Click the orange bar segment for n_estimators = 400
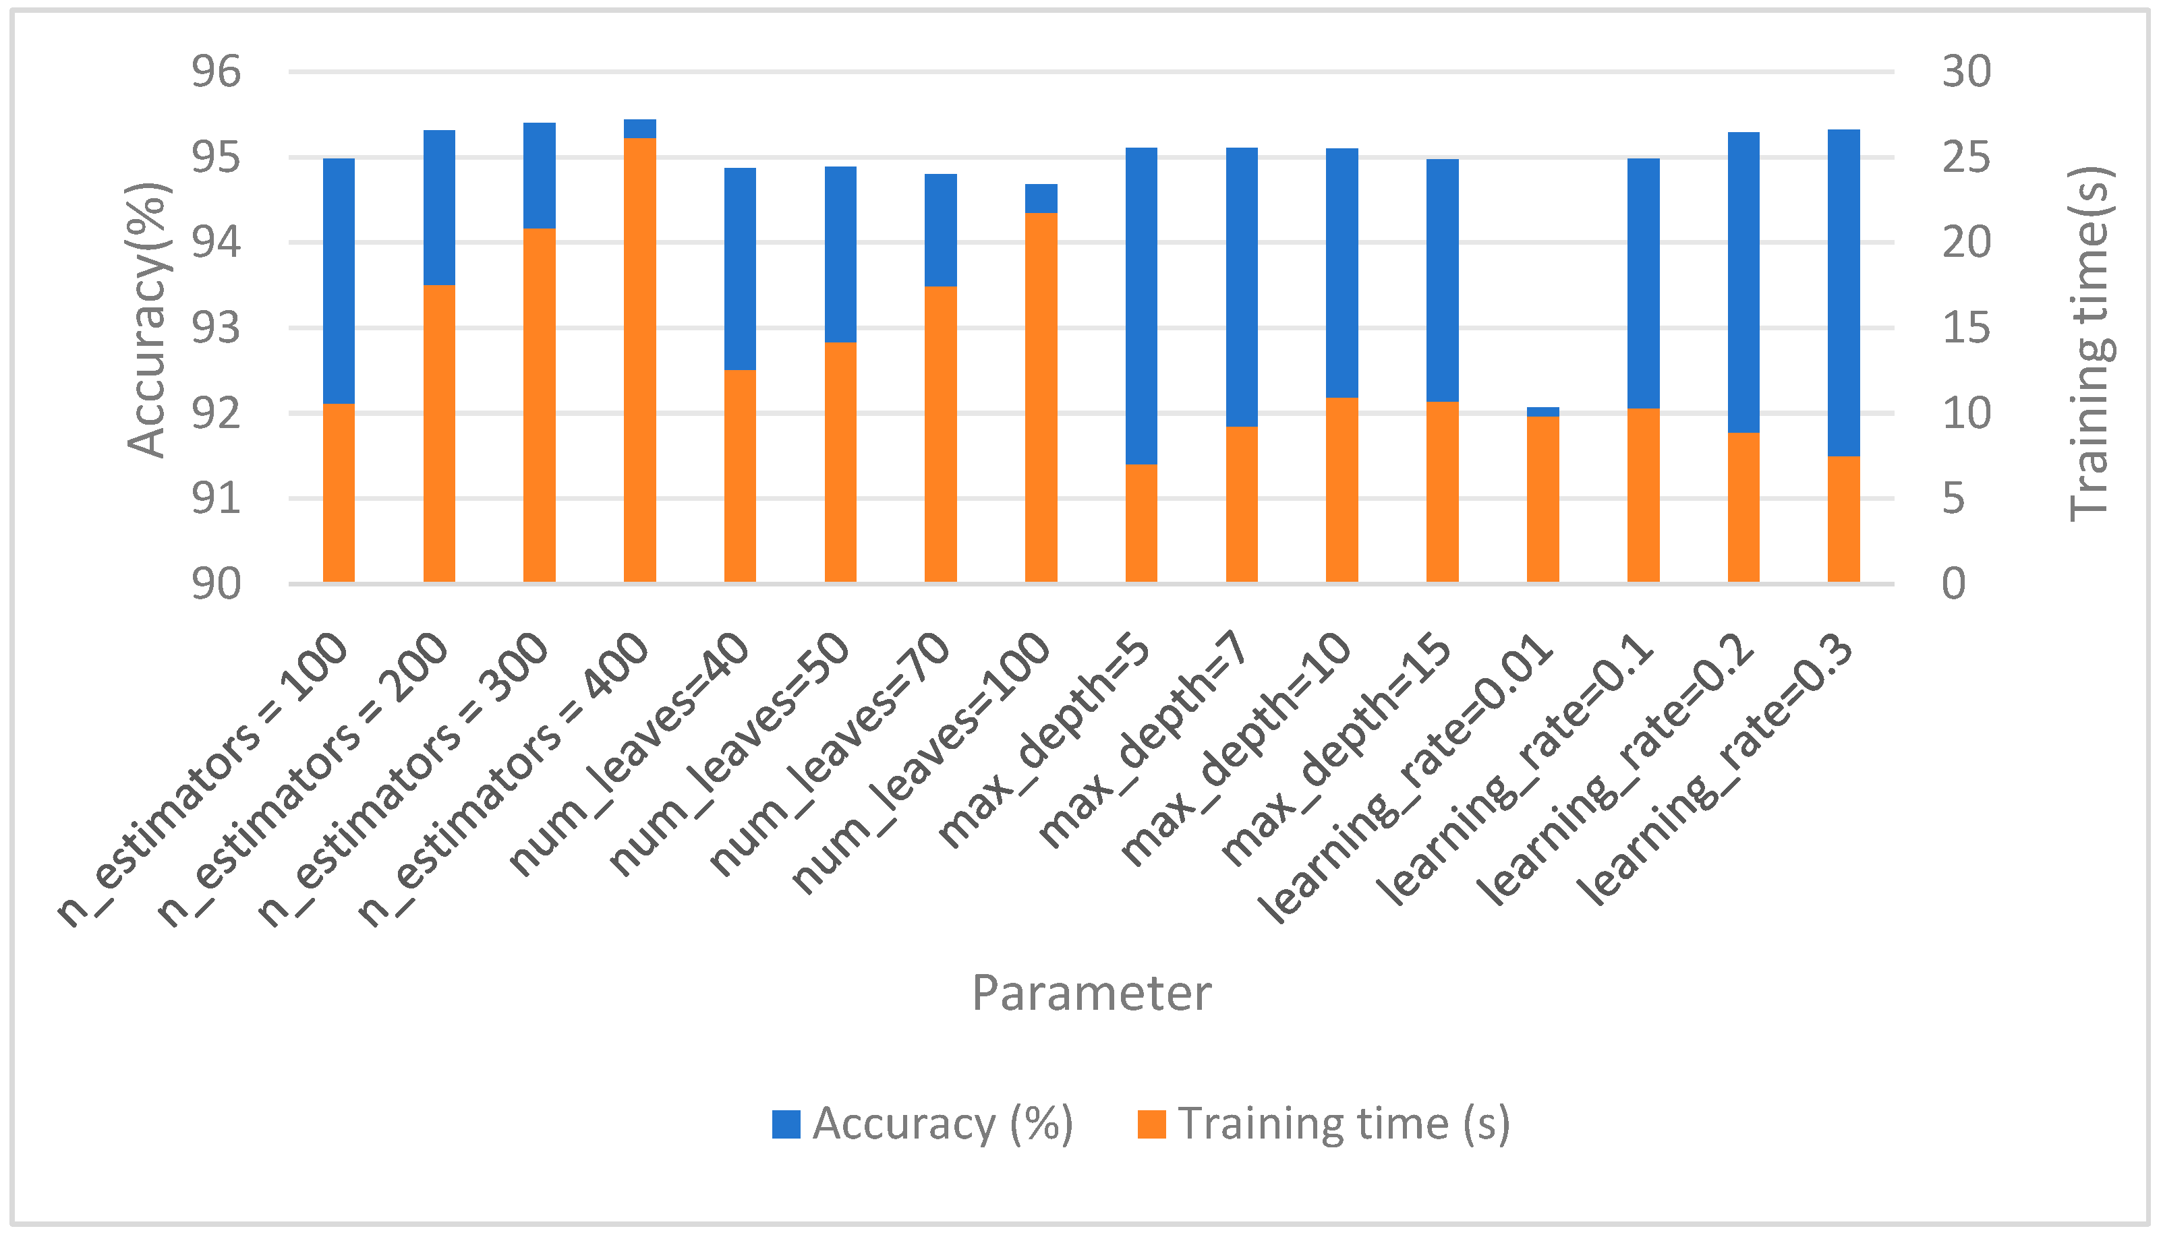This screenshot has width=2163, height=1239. pos(639,359)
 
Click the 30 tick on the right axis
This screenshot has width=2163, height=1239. pos(1965,71)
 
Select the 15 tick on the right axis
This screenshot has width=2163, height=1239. pos(1965,328)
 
